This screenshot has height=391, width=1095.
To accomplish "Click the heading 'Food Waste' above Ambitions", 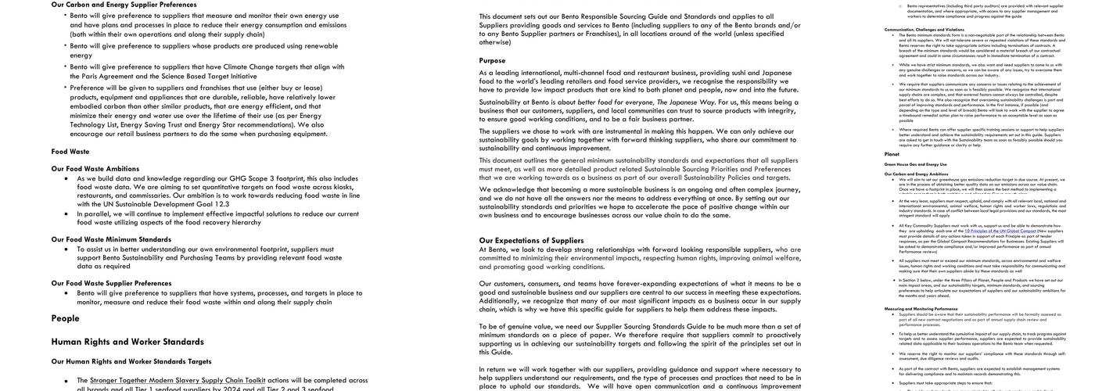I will click(x=70, y=152).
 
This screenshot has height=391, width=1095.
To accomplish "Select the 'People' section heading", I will click(x=66, y=318).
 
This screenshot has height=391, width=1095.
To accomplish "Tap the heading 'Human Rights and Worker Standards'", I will click(x=127, y=342).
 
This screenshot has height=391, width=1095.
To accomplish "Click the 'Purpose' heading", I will click(x=493, y=60).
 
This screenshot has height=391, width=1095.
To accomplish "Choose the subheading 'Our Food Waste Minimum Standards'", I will click(x=111, y=239).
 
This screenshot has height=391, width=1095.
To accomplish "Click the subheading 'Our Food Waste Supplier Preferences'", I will click(x=111, y=283).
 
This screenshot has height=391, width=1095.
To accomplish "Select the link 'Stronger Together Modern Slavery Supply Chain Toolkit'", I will click(x=177, y=381).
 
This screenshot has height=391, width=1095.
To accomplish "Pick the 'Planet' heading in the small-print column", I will click(x=892, y=154).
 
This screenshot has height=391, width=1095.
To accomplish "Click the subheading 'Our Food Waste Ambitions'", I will click(x=95, y=168).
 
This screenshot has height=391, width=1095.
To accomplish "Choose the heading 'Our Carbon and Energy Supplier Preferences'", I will click(x=124, y=5).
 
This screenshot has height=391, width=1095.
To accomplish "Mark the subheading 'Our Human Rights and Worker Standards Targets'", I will click(x=131, y=361).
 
